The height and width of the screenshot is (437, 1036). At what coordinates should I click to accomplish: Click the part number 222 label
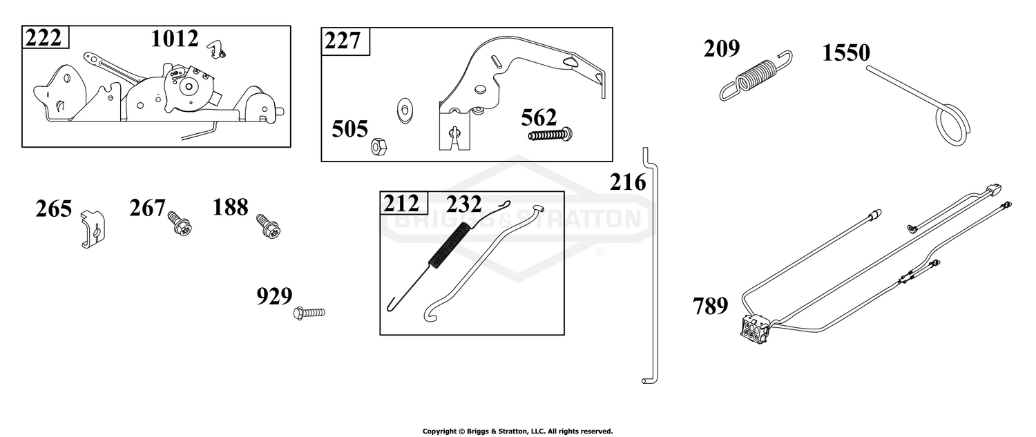point(43,37)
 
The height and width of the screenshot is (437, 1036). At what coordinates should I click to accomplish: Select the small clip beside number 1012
point(216,49)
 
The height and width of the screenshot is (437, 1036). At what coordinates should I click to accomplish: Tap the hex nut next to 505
point(378,146)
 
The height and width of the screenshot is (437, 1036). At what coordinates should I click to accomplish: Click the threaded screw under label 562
point(551,135)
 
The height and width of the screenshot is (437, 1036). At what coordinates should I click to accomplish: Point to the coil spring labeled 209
point(756,76)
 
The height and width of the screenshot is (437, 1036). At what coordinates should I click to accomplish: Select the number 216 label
point(627,182)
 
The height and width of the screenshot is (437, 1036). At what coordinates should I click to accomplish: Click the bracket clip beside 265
point(93,229)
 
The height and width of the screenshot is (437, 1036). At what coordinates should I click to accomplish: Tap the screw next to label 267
point(180,224)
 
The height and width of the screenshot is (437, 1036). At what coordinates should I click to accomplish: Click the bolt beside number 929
point(309,313)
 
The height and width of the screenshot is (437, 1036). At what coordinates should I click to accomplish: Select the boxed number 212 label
point(401,204)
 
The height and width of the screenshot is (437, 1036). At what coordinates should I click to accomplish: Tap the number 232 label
point(463,204)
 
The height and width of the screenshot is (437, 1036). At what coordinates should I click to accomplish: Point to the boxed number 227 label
point(343,41)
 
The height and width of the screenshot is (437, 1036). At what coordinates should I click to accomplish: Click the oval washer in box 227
point(405,110)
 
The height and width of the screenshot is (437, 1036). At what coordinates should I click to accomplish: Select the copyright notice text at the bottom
point(517,431)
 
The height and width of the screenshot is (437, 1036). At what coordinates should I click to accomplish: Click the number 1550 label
point(846,52)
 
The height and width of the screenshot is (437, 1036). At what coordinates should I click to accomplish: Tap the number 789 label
point(711,306)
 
